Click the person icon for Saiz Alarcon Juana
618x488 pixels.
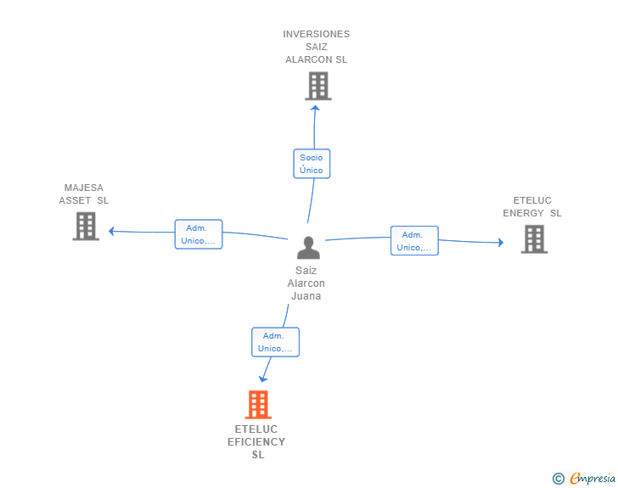[308, 248]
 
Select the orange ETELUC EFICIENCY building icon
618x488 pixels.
[258, 405]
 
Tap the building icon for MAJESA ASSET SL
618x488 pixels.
[86, 227]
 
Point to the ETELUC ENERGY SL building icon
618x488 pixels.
[534, 238]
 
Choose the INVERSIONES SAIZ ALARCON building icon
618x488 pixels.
[318, 86]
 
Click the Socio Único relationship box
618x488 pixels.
[312, 164]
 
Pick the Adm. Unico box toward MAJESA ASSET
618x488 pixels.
[199, 234]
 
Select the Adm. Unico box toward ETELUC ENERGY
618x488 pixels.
[414, 240]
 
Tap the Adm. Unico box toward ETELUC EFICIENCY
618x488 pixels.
[276, 342]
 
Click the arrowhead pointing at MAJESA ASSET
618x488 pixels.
[111, 231]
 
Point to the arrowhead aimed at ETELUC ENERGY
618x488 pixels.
[501, 243]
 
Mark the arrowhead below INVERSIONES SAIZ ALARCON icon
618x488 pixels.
[315, 108]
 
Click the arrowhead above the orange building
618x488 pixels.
[262, 379]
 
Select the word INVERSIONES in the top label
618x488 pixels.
[316, 34]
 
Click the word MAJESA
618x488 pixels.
[84, 188]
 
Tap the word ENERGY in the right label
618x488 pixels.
[524, 213]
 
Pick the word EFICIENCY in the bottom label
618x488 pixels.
[256, 442]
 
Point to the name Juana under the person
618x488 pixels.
[306, 296]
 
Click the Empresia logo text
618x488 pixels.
[593, 479]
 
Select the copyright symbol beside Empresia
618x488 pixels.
[559, 479]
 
